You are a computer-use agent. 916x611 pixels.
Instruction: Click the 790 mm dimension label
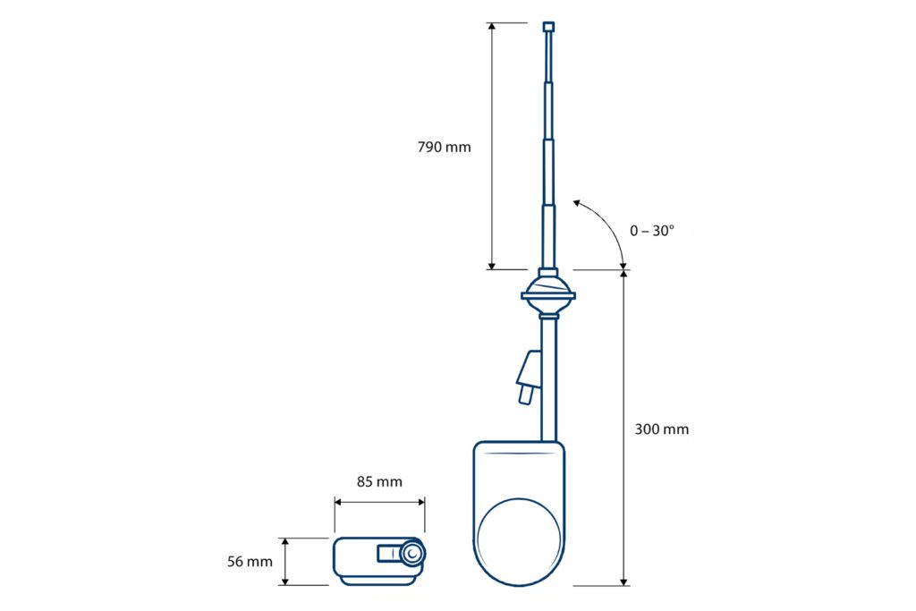(444, 147)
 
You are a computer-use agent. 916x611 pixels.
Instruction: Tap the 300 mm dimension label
(662, 429)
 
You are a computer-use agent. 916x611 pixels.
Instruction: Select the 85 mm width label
(379, 482)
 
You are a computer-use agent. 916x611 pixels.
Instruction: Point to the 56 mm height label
(250, 561)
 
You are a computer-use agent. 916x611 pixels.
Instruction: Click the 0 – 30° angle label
(652, 231)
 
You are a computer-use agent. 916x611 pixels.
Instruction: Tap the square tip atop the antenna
(548, 27)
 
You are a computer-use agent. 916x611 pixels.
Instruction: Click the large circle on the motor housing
(520, 541)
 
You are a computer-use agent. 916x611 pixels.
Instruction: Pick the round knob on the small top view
(412, 553)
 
